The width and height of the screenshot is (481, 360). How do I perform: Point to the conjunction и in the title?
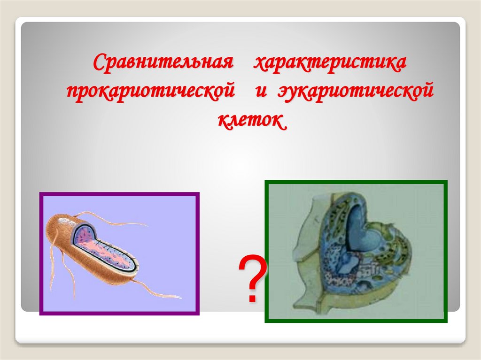click(261, 90)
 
